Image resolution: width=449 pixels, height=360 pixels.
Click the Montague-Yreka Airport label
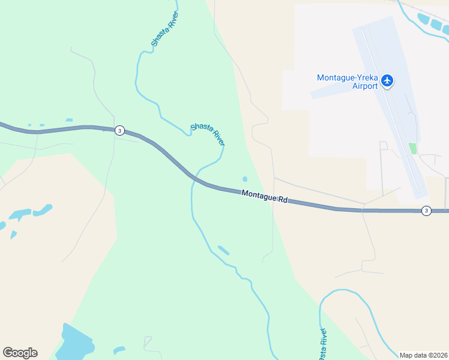click(348, 82)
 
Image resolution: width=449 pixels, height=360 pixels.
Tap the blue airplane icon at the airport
click(387, 80)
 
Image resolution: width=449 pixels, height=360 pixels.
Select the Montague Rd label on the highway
click(265, 196)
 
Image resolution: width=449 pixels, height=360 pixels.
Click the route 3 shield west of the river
click(120, 130)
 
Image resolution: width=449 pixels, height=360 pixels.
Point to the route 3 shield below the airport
click(426, 210)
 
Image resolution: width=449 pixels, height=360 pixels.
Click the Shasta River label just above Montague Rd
click(208, 134)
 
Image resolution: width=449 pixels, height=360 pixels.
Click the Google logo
click(20, 353)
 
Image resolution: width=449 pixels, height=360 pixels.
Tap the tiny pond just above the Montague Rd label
click(244, 179)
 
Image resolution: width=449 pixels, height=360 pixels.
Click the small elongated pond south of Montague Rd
click(223, 250)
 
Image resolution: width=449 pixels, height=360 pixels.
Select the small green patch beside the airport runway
click(412, 148)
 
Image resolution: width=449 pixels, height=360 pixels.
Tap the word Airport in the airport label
click(365, 86)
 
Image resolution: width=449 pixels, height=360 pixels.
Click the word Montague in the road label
click(259, 195)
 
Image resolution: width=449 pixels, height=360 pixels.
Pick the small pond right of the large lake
click(119, 349)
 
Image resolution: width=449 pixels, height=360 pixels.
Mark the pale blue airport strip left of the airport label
click(330, 92)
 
